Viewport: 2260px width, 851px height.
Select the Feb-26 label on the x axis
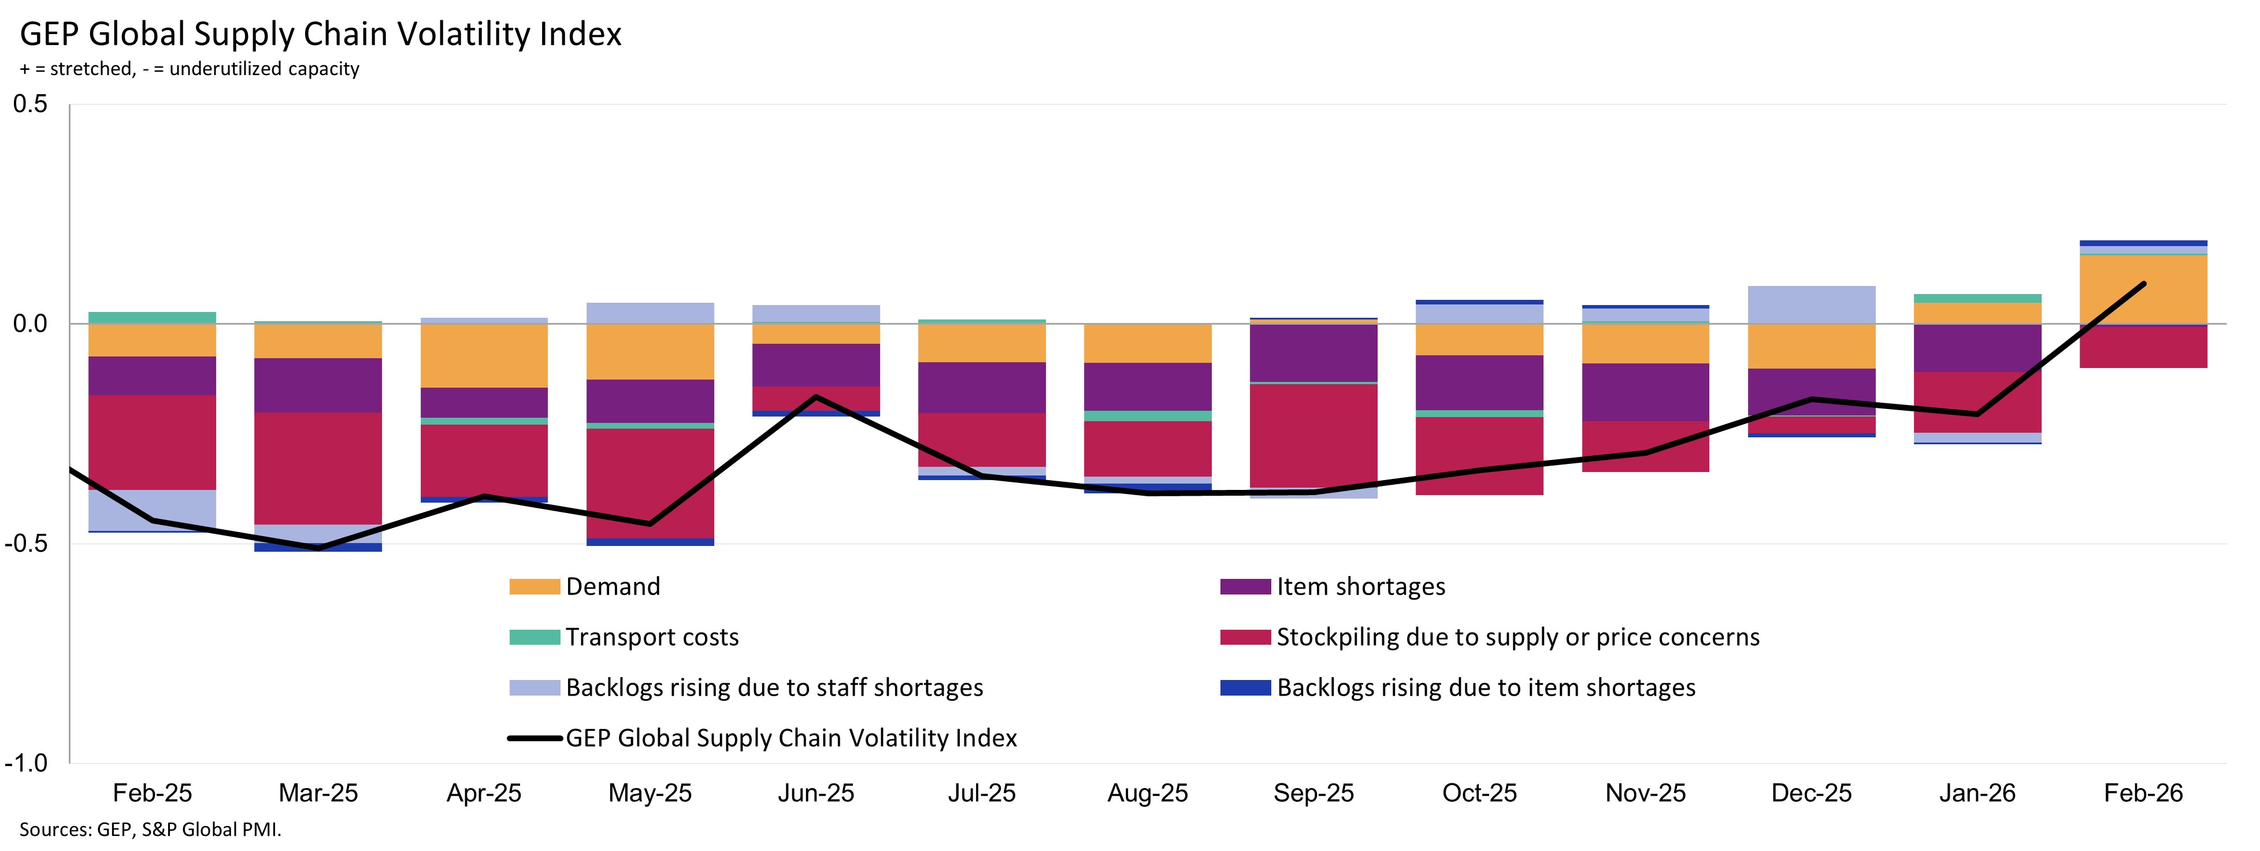(2143, 793)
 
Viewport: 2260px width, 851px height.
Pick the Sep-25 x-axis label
(1313, 793)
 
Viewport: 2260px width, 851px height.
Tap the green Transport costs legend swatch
(535, 637)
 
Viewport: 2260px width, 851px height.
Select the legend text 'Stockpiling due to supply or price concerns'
(1518, 637)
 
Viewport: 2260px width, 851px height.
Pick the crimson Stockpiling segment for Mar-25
(318, 467)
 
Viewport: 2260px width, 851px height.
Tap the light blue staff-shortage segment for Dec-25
(1811, 304)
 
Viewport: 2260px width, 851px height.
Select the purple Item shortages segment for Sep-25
(1313, 352)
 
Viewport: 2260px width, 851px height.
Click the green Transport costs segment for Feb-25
(152, 318)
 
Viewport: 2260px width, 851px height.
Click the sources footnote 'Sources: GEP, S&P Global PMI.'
(150, 829)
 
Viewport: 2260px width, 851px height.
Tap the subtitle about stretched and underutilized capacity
(190, 68)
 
